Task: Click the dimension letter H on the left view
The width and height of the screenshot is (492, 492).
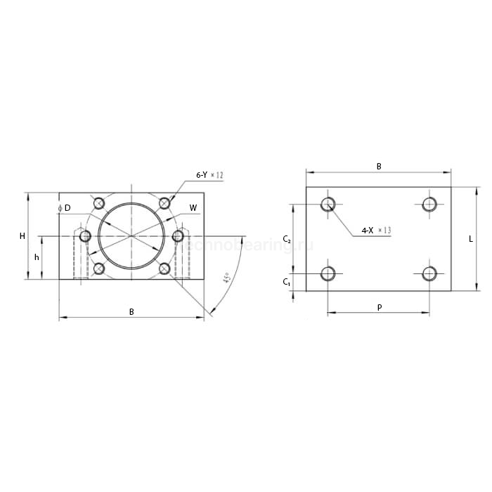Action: click(x=22, y=236)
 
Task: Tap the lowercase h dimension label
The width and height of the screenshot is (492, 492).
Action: click(x=37, y=257)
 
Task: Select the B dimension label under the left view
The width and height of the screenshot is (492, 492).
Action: click(x=131, y=311)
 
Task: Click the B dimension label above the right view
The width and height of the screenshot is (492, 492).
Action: click(x=379, y=167)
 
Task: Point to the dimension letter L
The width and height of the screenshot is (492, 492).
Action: click(x=471, y=239)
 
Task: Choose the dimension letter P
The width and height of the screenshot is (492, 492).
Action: click(x=380, y=307)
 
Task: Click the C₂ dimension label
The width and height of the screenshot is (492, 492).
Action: click(x=287, y=240)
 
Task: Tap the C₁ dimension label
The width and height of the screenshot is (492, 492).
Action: click(x=287, y=282)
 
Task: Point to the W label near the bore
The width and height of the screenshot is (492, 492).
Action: click(x=193, y=208)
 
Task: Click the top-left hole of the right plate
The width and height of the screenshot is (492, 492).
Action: click(x=328, y=205)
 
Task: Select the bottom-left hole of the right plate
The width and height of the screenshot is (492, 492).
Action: click(x=328, y=273)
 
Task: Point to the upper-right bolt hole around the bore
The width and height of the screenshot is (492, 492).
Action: click(x=164, y=203)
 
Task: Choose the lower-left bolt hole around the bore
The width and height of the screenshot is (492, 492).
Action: click(x=99, y=268)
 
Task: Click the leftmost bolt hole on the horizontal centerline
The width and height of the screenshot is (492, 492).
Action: click(x=86, y=236)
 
